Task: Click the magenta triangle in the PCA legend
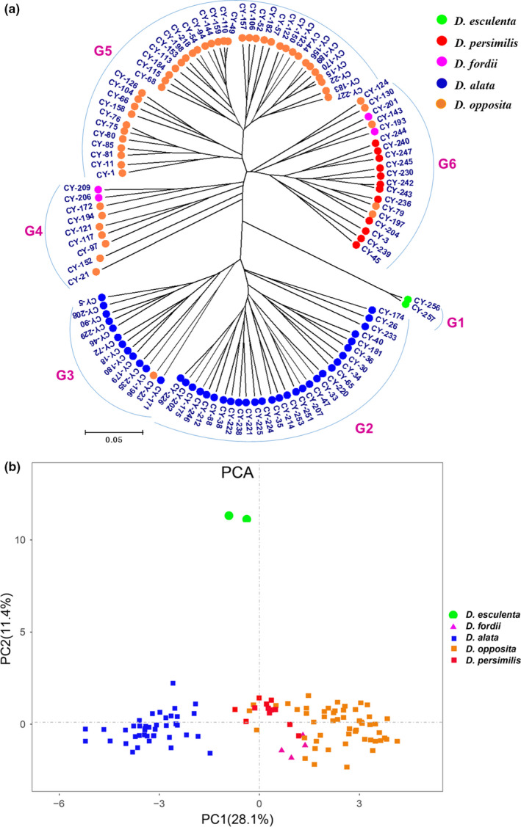click(x=453, y=625)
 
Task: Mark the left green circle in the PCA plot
click(x=229, y=516)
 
